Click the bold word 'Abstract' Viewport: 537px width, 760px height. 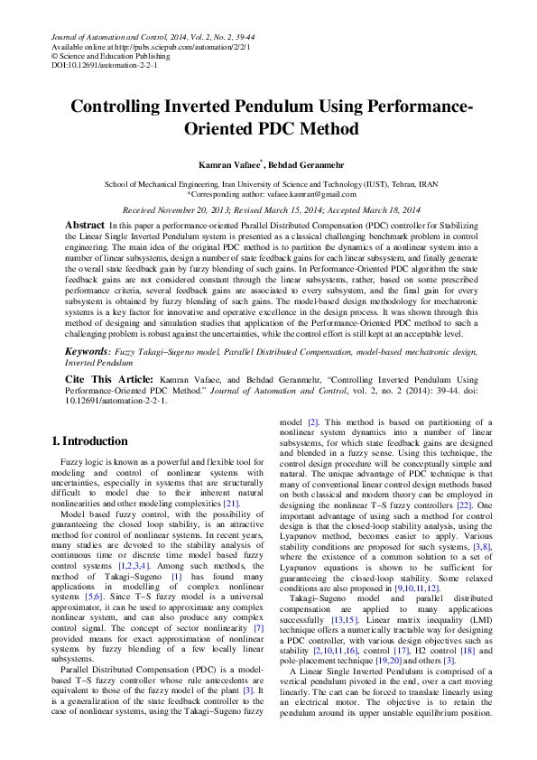[85, 224]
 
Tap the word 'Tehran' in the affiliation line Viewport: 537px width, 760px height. [400, 183]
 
